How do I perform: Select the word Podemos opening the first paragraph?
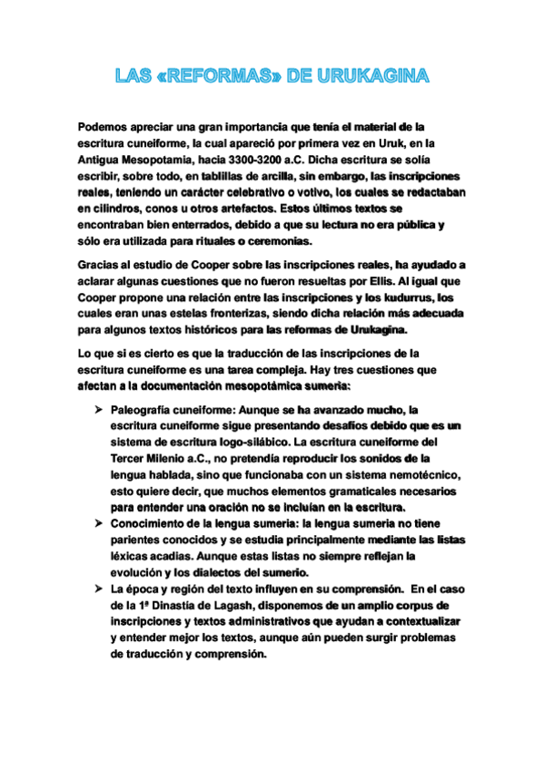click(x=104, y=128)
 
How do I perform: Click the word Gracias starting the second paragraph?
click(x=102, y=265)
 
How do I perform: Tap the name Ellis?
click(x=374, y=281)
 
